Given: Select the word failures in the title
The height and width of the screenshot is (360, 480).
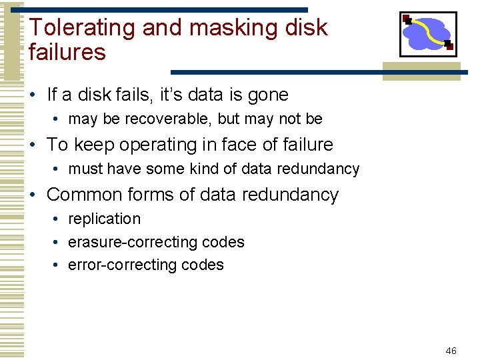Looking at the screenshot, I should [67, 52].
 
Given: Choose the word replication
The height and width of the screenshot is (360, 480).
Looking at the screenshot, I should [105, 219].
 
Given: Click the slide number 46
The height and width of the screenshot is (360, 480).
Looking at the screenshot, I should [451, 351].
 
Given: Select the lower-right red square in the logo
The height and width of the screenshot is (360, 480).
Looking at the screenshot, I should [449, 45].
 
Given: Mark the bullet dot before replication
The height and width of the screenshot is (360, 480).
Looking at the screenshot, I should [59, 219].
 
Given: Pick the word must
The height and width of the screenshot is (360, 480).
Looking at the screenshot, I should [85, 169].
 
